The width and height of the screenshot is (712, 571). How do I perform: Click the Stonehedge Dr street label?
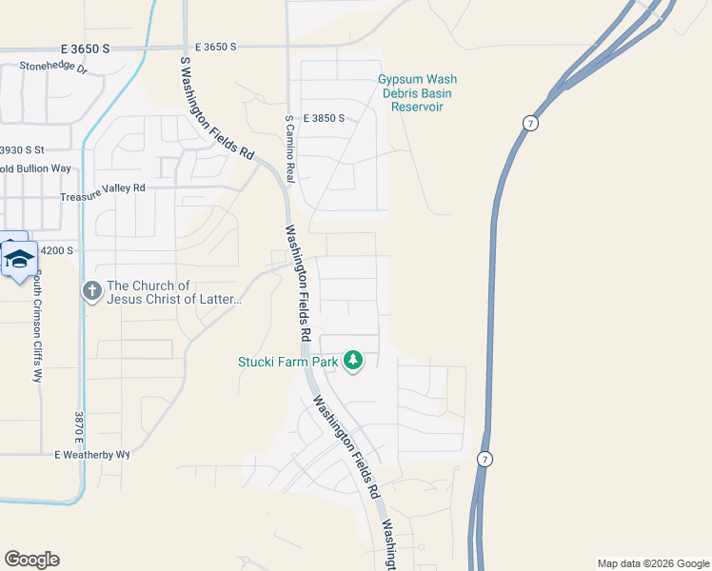52,69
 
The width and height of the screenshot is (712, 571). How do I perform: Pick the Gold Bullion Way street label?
35,169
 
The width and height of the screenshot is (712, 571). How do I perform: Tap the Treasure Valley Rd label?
102,188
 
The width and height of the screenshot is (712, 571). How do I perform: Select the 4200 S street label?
55,250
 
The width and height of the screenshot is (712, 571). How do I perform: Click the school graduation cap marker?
19,257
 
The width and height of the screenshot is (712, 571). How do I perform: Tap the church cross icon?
91,291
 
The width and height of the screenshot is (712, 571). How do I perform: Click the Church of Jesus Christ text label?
175,292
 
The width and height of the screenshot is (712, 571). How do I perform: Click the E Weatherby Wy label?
90,455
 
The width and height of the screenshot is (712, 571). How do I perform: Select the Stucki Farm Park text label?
289,362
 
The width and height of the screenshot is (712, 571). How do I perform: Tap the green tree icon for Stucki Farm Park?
353,361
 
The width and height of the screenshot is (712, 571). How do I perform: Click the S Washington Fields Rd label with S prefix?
217,107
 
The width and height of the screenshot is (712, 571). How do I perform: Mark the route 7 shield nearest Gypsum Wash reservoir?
530,124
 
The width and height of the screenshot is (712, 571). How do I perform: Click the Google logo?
31,560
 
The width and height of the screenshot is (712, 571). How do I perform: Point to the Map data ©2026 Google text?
652,563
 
